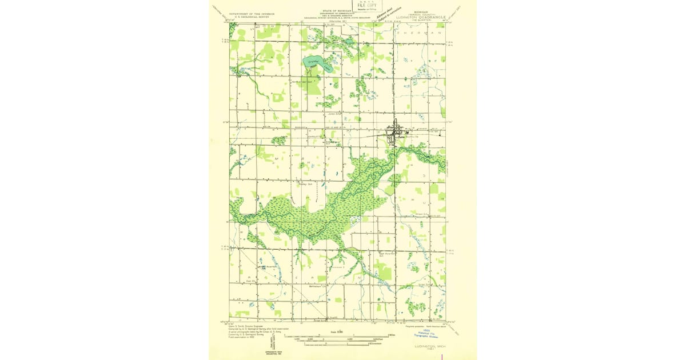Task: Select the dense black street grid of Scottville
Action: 394,134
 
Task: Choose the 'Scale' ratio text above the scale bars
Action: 336,331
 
